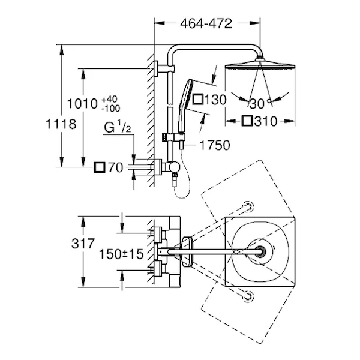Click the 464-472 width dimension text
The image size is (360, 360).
pos(206,23)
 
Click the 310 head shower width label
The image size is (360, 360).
pos(260,121)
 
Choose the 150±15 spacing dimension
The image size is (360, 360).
pos(122,254)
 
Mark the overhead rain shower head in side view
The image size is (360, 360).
pos(260,65)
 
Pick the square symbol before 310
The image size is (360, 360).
pos(248,121)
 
